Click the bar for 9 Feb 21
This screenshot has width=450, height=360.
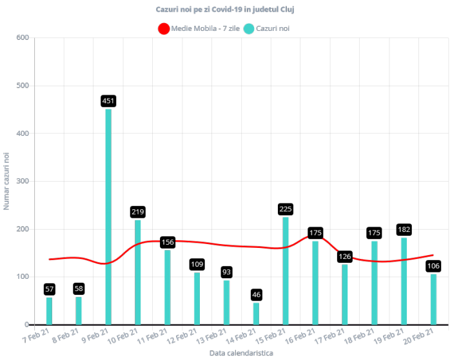tap(108, 216)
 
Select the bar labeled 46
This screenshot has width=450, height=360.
tap(256, 314)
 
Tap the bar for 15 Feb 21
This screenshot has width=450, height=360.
tap(286, 270)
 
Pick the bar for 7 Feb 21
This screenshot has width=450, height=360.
tap(49, 311)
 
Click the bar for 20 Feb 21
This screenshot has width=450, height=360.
tap(434, 299)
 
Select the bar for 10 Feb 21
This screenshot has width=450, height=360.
tap(138, 272)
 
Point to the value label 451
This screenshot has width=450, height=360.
tap(108, 101)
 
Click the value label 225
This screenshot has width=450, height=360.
tap(286, 209)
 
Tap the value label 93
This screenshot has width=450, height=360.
tap(226, 272)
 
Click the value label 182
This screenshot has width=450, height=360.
tap(404, 230)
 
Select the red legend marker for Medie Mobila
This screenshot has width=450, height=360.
tap(164, 28)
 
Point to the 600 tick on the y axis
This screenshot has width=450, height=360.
tap(23, 37)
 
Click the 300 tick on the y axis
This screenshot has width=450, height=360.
tap(23, 181)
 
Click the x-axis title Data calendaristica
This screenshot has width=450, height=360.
tap(240, 354)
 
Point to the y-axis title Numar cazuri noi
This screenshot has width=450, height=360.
tap(7, 181)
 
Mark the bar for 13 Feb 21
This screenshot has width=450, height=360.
tap(226, 302)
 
